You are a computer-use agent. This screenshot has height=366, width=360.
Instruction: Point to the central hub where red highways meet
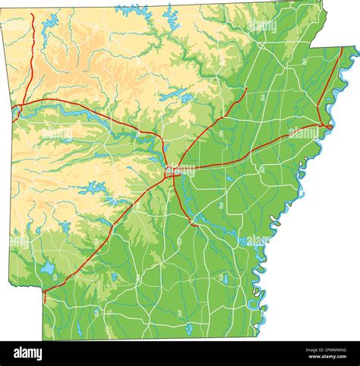coord(172,172)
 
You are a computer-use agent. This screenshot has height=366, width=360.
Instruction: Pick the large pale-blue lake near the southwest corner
coord(48,267)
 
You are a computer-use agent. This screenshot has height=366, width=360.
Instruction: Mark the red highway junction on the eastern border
coord(324,125)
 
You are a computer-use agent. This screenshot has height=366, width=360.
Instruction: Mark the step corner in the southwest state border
coord(43,289)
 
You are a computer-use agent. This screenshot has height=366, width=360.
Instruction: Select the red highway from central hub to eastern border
coord(251,152)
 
